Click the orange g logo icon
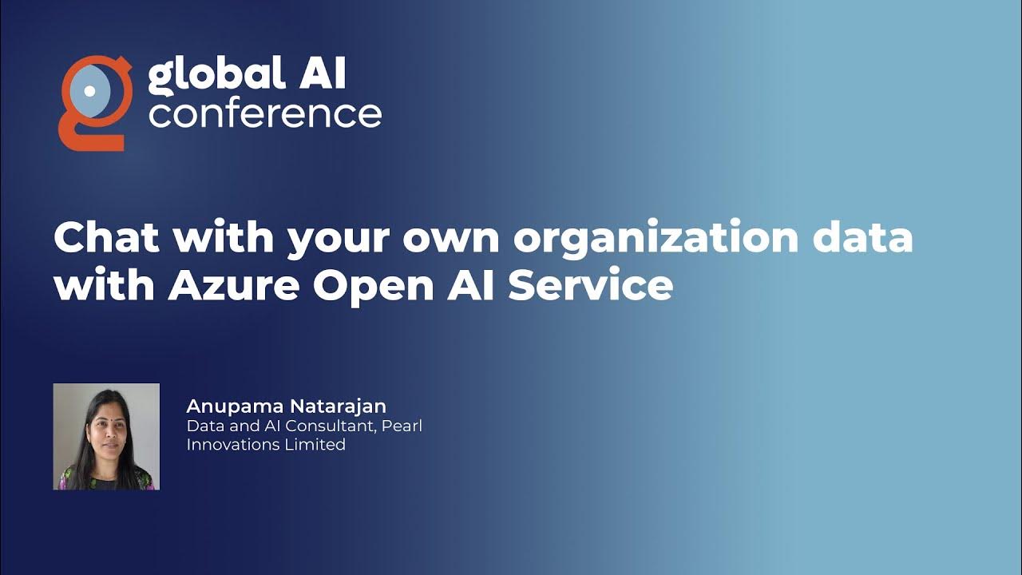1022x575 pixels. (94, 102)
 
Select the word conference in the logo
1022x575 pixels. (264, 113)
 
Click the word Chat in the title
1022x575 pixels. (108, 238)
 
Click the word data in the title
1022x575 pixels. (866, 238)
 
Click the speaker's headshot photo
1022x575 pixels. (106, 436)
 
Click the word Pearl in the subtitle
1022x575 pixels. (402, 426)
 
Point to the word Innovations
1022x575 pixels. (232, 444)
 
